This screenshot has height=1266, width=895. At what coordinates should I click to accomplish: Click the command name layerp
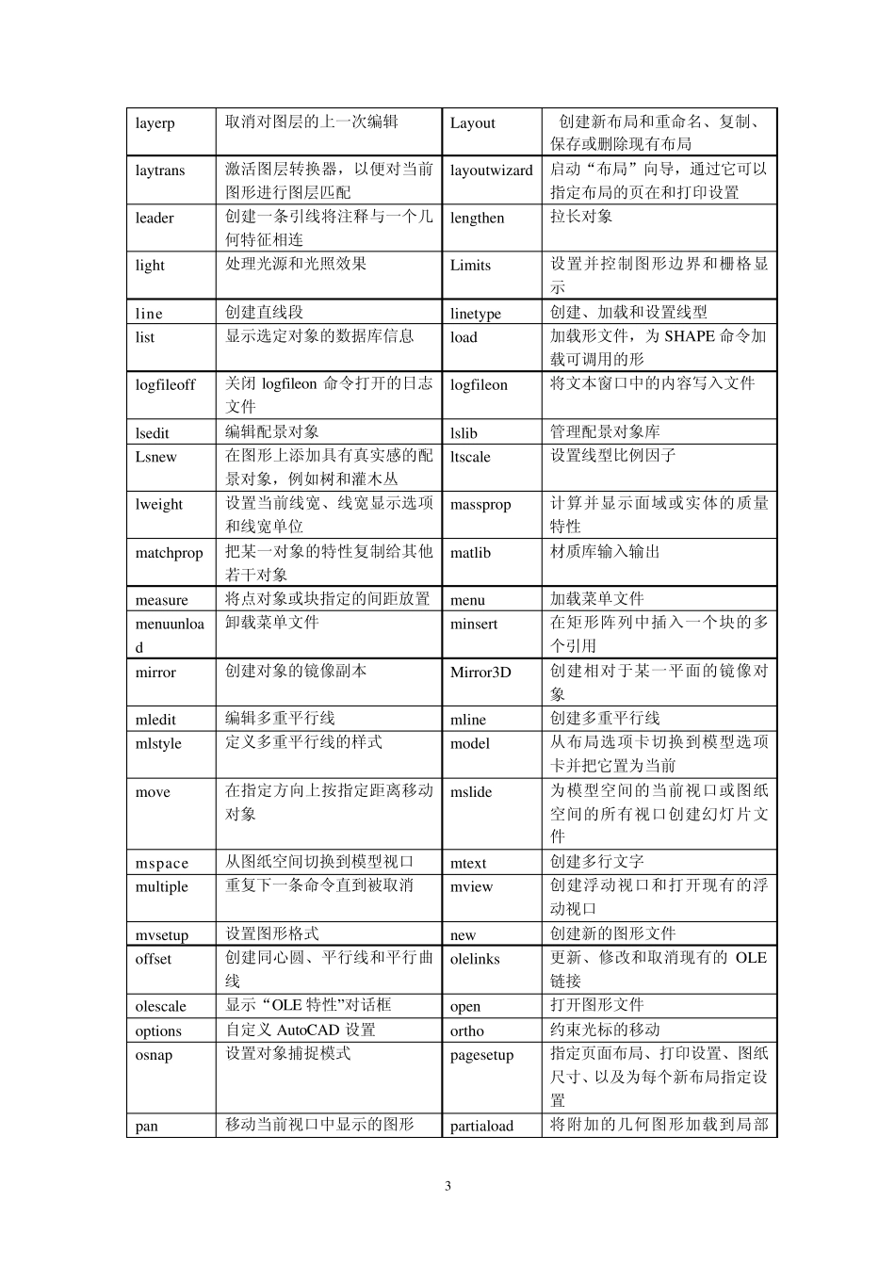[155, 123]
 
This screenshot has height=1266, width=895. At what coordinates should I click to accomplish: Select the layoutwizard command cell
[491, 170]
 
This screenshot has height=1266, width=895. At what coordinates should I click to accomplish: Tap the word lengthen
[477, 218]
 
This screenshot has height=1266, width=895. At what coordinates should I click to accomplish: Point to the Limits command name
[470, 265]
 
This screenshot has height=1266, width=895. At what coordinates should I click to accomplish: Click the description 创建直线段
[264, 312]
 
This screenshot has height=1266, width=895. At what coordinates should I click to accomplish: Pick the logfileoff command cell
[165, 384]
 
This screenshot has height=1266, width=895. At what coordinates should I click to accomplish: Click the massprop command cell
[480, 504]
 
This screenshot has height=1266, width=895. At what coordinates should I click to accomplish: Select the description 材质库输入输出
[605, 551]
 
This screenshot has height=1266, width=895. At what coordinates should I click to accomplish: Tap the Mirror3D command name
[480, 672]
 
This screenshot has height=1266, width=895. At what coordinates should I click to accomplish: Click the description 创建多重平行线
[605, 718]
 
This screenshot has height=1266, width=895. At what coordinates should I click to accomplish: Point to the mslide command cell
[471, 792]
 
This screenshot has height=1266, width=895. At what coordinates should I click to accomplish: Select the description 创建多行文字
[597, 862]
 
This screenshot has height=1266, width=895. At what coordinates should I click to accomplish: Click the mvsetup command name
[161, 935]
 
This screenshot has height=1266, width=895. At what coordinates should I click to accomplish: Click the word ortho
[466, 1031]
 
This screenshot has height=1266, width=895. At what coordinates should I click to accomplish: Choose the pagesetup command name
[481, 1055]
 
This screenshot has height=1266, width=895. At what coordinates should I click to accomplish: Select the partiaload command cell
[481, 1126]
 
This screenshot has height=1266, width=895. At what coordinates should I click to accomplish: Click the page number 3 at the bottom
[447, 1186]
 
